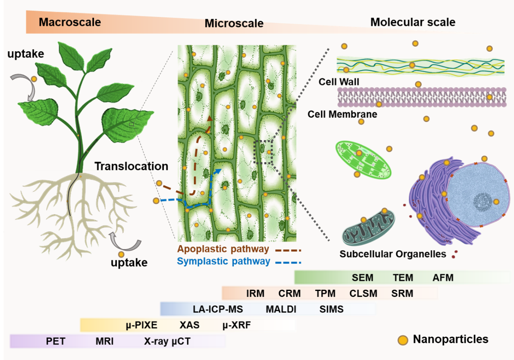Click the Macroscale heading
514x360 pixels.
(70, 22)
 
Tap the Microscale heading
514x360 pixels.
(234, 23)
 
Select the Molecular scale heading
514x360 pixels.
(413, 22)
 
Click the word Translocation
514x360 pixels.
(131, 166)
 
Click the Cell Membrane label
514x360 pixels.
(342, 114)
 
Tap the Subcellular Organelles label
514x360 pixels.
(392, 254)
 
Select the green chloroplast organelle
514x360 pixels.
(363, 160)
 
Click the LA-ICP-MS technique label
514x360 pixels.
(218, 309)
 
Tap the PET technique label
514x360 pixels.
(56, 342)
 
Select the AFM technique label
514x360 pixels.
(443, 278)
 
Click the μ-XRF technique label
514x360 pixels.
(237, 325)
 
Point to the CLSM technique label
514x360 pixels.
(363, 294)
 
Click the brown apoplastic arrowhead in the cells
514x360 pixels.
(210, 119)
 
